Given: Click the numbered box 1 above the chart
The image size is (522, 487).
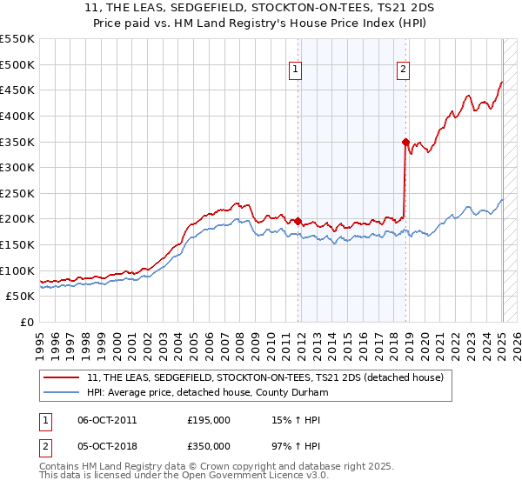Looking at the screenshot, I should click(296, 71).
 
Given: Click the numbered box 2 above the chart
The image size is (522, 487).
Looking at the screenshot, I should click(405, 71).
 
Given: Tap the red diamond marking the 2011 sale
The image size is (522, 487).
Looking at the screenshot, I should click(298, 221).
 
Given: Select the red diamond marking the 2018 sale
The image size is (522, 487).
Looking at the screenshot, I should click(405, 142).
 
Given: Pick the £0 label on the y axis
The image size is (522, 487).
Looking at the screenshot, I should click(29, 322).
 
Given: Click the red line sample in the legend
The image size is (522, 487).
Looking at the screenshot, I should click(63, 377).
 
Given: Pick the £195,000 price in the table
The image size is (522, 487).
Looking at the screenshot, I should click(209, 420).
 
